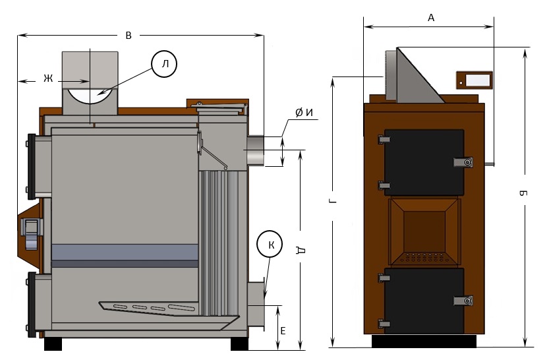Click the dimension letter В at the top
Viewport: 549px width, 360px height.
click(129, 36)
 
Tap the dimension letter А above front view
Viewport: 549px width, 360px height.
click(431, 18)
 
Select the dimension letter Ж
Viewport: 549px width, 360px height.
click(47, 78)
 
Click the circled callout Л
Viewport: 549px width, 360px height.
click(164, 63)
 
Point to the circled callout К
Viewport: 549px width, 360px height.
click(270, 245)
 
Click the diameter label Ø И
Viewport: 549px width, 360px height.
click(304, 113)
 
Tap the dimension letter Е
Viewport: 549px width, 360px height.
click(282, 330)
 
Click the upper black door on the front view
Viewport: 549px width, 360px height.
click(424, 162)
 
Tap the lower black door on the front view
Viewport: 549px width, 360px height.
click(424, 300)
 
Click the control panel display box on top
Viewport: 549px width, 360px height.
click(474, 80)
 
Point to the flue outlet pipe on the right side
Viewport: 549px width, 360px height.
click(256, 151)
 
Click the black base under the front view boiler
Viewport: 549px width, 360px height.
click(424, 342)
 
